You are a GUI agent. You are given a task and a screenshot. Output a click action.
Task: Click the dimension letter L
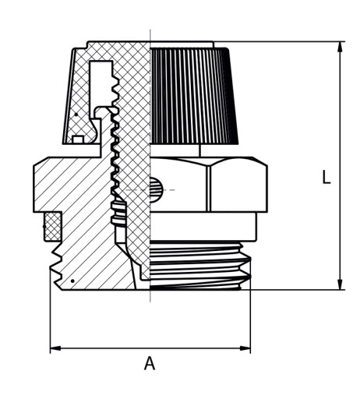coord(326,177)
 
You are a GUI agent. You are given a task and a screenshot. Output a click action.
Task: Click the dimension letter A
coord(150,363)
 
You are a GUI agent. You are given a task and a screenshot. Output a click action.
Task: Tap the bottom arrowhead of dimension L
coord(340,284)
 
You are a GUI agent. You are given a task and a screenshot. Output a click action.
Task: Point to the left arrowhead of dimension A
coord(55,348)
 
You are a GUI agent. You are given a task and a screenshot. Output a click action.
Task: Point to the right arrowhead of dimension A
coord(245,348)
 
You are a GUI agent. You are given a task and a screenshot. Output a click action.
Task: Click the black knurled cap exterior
coord(193,96)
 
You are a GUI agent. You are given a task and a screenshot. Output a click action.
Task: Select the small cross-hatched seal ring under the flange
coord(53,226)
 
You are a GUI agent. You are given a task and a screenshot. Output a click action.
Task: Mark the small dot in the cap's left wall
coord(76,115)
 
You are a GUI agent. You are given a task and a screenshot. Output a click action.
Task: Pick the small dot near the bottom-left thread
coord(72,281)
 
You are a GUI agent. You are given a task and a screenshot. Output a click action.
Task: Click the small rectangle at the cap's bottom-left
coord(78,139)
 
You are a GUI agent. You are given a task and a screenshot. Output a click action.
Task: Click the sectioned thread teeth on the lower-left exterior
coord(57,265)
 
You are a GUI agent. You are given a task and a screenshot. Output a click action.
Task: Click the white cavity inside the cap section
coord(101,83)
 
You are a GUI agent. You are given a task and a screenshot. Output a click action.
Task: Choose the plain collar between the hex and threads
coord(204,226)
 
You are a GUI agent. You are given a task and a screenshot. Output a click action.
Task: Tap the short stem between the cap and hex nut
coord(199,150)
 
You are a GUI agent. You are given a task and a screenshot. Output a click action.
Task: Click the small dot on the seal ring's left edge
coord(44,227)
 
